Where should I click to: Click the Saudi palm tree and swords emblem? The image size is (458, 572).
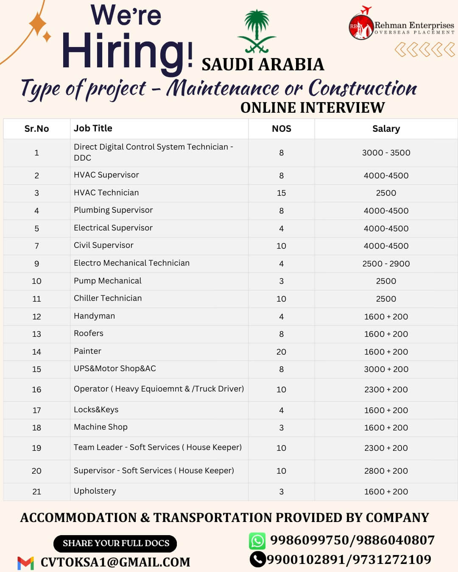coord(257,32)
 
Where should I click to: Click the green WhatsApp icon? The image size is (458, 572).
coord(257,541)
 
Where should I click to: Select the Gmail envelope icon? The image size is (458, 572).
coord(25,563)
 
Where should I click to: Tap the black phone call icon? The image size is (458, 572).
coord(257,559)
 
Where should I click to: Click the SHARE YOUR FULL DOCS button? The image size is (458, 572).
coord(115,544)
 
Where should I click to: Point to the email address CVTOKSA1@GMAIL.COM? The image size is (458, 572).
coord(115,562)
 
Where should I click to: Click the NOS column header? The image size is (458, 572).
coord(281,129)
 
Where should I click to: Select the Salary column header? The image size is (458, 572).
coord(386,129)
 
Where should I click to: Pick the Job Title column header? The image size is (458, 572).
coord(93,128)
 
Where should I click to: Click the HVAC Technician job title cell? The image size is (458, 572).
coord(106,193)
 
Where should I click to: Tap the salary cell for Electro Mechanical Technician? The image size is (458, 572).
coord(386,264)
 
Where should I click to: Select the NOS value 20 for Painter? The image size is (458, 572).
coord(281,352)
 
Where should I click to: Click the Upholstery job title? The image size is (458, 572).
coord(95,491)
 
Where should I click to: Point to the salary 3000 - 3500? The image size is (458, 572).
coord(386,153)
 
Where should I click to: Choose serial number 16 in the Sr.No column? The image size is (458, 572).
coord(36,389)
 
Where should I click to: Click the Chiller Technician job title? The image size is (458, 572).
coord(108,298)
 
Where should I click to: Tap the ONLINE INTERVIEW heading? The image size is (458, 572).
coord(313,108)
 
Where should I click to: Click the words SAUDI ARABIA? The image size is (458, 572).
coord(263,65)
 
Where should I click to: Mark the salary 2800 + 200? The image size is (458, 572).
coord(386,471)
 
